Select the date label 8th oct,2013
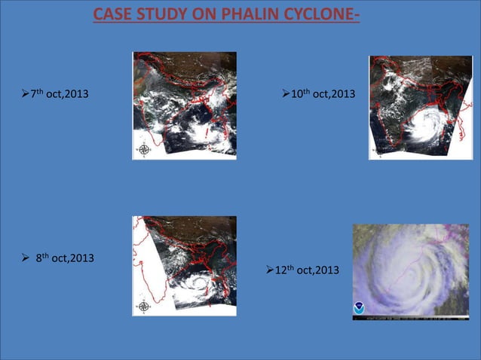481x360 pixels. point(64,258)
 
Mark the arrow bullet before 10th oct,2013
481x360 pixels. point(285,93)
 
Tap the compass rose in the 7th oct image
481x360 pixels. point(143,149)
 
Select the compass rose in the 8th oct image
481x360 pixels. point(143,307)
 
